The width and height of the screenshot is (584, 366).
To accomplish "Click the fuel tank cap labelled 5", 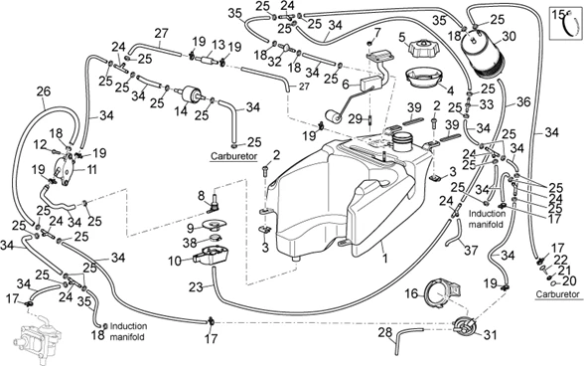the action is coord(423,50).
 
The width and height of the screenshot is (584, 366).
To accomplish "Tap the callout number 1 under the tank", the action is coord(385,259).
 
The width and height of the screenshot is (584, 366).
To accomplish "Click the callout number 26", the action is coord(44,92).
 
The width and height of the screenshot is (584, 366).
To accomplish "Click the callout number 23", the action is coord(196,286).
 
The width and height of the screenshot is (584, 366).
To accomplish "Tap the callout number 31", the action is coord(491,334).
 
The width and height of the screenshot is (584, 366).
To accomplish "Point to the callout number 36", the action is coord(522,101).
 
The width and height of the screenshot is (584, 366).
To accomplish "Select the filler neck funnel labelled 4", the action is coord(424,78).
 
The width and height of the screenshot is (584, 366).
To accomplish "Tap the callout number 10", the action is coord(175,261).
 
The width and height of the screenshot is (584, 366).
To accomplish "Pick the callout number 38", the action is coord(189,244).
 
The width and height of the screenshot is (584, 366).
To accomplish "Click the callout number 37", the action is coord(471,250).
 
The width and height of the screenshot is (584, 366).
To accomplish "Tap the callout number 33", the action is coord(486,104).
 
